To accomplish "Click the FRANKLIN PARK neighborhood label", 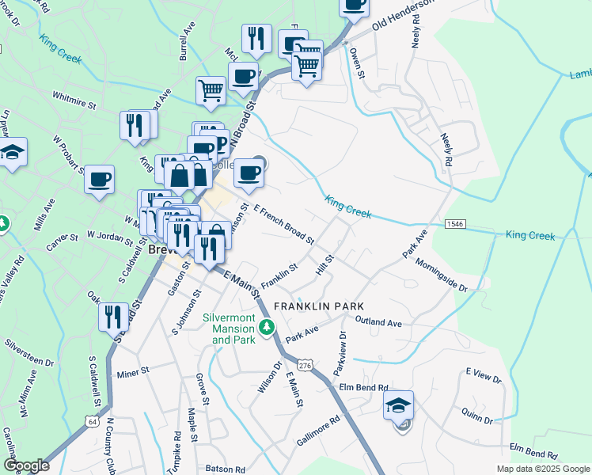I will [x=318, y=306].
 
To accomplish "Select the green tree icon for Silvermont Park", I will [x=268, y=327].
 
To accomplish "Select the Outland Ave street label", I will [x=378, y=323].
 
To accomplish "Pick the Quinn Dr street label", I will [x=479, y=416].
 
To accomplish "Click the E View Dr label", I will [x=484, y=374].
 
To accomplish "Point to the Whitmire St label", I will [x=74, y=104].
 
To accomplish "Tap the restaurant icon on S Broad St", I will [x=114, y=317].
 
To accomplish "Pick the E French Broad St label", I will [x=283, y=226].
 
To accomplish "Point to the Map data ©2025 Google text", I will [x=542, y=469].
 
